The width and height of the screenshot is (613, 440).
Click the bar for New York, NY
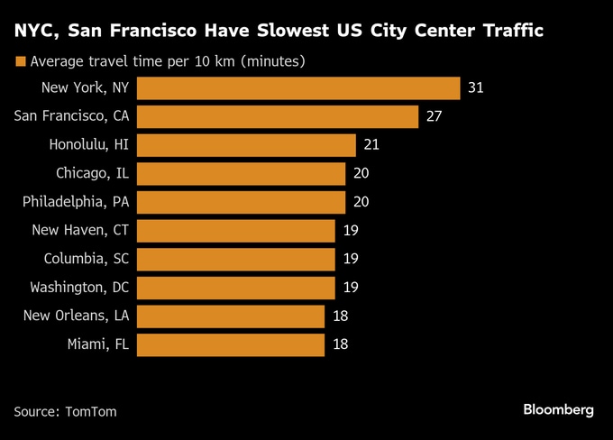(299, 87)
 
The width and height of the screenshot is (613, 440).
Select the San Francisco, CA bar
(279, 116)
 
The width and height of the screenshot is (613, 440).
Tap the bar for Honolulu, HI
(247, 145)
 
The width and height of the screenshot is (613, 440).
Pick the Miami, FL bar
(232, 344)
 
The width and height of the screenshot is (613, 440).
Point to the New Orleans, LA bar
(232, 316)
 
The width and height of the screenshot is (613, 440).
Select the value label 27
(435, 116)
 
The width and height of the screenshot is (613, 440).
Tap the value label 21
(372, 145)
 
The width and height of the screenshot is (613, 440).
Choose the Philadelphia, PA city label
(77, 202)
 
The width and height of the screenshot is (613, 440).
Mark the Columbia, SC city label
(87, 259)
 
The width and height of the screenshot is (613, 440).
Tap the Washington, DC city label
(80, 288)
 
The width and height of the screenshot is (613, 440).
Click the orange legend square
(19, 62)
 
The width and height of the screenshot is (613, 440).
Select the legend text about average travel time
(167, 62)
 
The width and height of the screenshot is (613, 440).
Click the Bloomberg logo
(559, 410)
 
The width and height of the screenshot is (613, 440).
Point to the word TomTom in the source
(91, 411)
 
